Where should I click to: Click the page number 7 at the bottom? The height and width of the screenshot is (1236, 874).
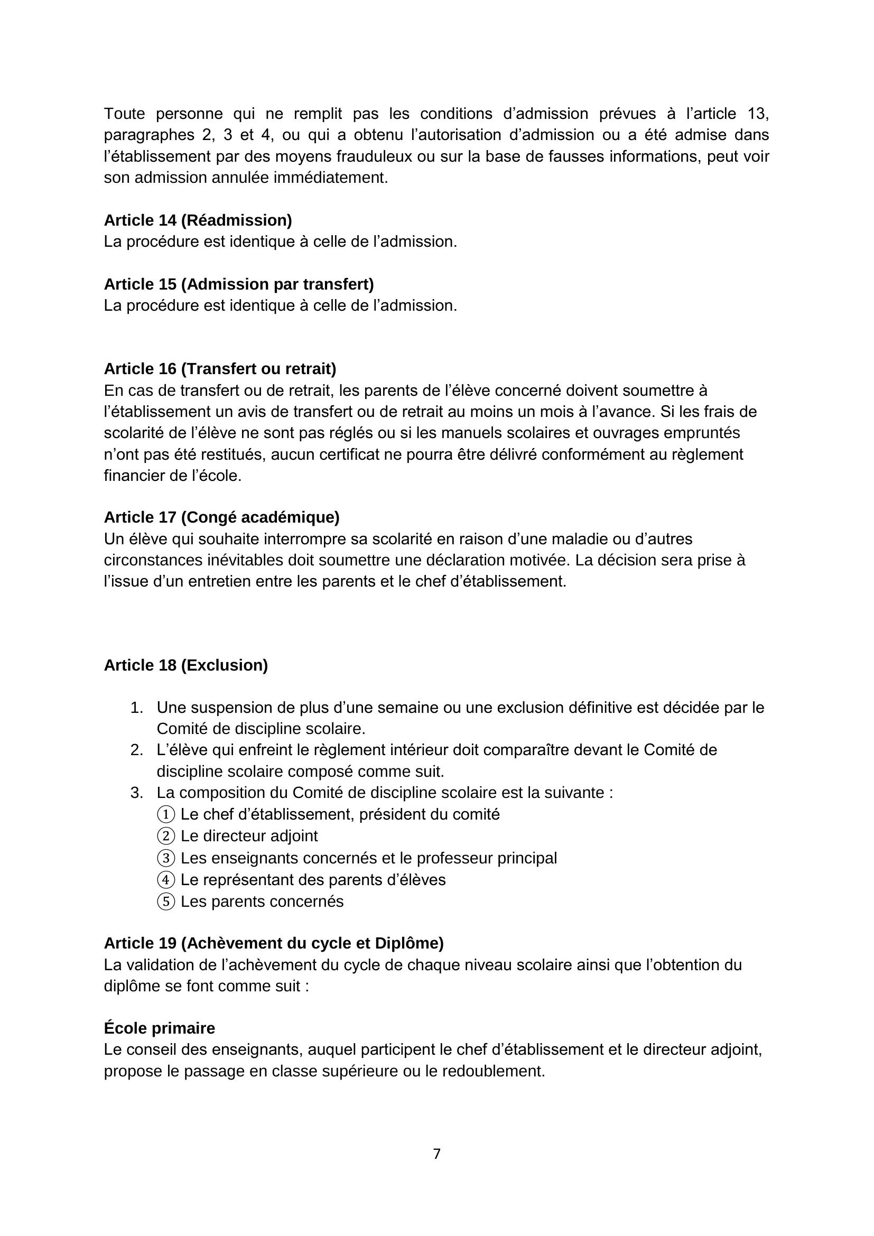coord(436,1154)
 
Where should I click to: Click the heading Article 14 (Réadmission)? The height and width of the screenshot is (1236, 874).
coord(198,220)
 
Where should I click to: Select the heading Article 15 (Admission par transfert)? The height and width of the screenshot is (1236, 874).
coord(238,284)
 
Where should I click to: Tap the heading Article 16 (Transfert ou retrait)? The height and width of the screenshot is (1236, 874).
coord(220,369)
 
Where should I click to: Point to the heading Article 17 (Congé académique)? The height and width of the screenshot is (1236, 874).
coord(221,517)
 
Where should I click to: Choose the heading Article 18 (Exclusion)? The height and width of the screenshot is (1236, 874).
coord(185,665)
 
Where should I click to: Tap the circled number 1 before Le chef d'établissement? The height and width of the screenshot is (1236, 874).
coord(166,814)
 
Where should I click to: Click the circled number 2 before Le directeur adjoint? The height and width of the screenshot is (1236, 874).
coord(166,836)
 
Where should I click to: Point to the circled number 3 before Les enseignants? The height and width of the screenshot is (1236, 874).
coord(166,858)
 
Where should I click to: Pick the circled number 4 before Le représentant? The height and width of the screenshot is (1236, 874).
coord(166,880)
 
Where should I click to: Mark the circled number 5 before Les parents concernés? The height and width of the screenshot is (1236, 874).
coord(166,902)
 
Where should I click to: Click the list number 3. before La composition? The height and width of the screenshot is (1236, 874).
coord(137,793)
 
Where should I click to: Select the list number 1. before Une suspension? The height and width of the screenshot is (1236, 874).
coord(137,708)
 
